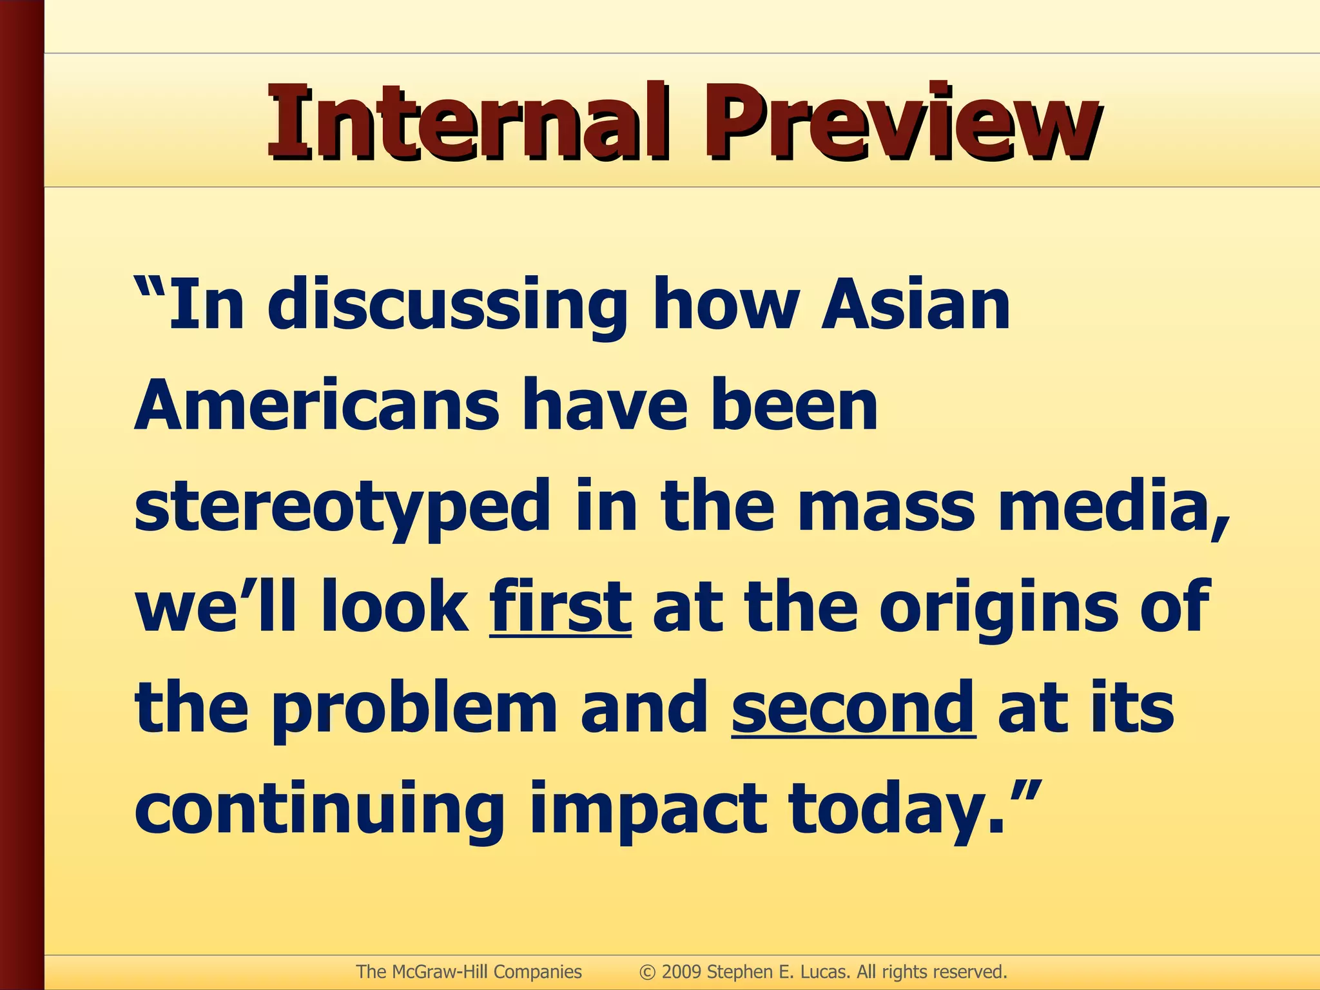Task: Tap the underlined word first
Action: [x=560, y=607]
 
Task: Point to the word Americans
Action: [x=316, y=406]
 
